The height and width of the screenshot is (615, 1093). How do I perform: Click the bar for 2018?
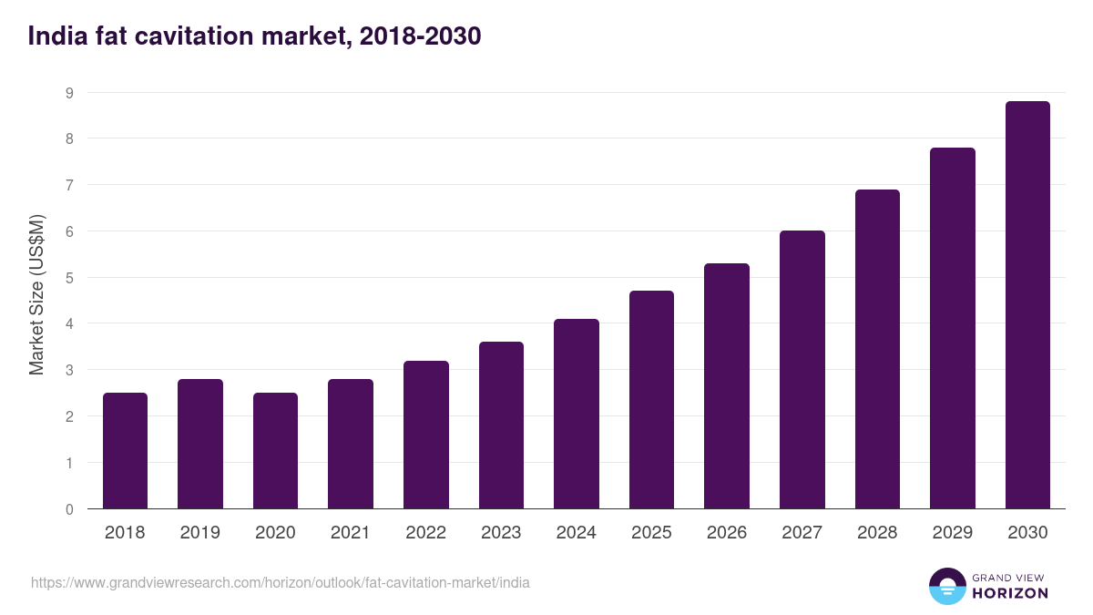tap(125, 451)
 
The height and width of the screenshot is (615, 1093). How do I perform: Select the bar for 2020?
tap(275, 451)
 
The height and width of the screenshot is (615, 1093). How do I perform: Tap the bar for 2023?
tap(501, 425)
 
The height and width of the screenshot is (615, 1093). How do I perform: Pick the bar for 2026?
tap(727, 386)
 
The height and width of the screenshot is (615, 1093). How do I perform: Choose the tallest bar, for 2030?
tap(1027, 305)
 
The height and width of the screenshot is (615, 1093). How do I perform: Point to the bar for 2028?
tap(877, 349)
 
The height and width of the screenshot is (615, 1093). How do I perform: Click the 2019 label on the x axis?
tap(199, 533)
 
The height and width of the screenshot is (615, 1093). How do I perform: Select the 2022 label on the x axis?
tap(425, 533)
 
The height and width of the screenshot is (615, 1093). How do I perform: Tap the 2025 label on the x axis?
tap(651, 533)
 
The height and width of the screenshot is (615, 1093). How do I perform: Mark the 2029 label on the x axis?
tap(953, 533)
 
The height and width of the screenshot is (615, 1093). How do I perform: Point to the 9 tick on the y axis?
tap(69, 93)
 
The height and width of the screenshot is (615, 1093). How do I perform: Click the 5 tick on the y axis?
tap(69, 278)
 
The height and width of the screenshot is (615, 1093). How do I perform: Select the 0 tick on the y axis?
tap(69, 509)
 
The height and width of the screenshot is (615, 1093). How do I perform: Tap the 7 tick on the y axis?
tap(69, 185)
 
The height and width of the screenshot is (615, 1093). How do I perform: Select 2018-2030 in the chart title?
tap(420, 36)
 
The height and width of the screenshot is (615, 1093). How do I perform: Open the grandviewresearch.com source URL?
tap(281, 582)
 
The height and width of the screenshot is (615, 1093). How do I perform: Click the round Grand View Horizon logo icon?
tap(946, 586)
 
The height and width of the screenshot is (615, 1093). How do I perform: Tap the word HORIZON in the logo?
tap(1010, 593)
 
